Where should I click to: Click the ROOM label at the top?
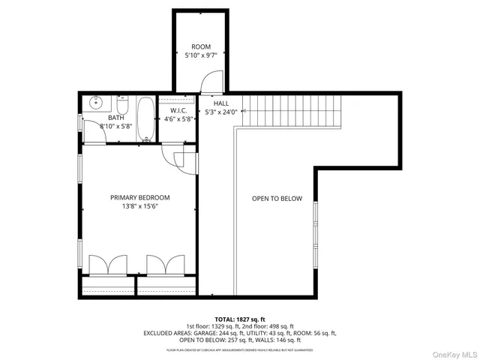pos(200,46)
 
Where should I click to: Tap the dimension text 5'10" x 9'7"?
pos(200,55)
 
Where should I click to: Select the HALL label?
pos(221,103)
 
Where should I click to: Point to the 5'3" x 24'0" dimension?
pos(221,112)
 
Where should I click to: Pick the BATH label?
pos(115,118)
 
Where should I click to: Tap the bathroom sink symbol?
pos(95,103)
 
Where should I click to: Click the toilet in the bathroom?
pos(124,104)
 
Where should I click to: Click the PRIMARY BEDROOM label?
pos(139,198)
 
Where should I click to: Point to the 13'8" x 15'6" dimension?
pos(139,207)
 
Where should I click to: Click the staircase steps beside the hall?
pos(292,112)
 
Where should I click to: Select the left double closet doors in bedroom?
pos(103,265)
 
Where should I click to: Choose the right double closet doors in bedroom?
pos(164,265)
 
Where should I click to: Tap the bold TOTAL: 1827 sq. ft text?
pos(240,319)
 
